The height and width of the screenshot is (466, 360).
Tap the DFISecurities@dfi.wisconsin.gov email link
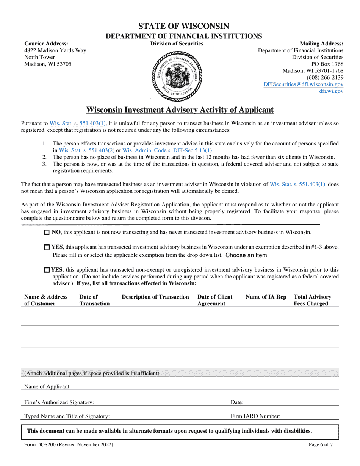(304, 84)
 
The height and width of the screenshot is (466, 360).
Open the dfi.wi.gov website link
(332, 91)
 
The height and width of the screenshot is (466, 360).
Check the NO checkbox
(47, 232)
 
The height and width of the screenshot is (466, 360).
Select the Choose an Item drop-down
(246, 255)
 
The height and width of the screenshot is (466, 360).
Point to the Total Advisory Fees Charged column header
(313, 300)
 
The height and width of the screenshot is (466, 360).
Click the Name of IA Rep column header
(266, 297)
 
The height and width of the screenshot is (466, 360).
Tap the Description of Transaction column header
(155, 297)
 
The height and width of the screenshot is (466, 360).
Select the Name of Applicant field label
(48, 387)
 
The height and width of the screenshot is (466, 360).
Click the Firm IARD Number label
(256, 416)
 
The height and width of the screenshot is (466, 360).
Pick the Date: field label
(237, 403)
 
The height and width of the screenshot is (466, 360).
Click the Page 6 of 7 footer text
(321, 445)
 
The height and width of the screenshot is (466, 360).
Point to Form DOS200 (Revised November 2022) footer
(69, 445)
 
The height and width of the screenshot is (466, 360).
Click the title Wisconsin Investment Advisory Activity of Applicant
(180, 110)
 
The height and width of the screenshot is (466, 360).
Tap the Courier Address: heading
(46, 44)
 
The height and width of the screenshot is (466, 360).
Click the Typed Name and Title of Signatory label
(67, 416)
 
